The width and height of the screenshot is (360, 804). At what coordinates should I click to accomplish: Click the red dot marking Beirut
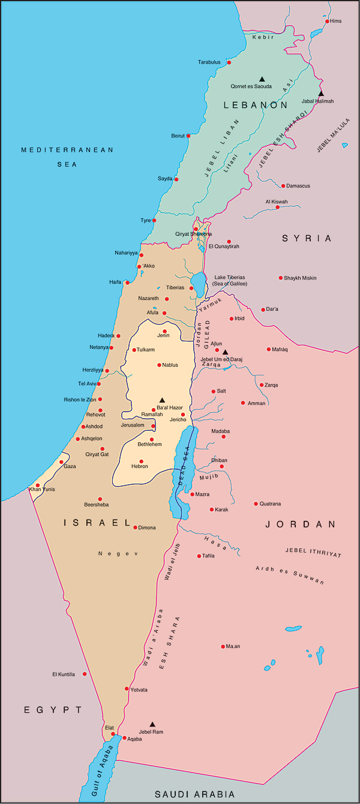click(188, 136)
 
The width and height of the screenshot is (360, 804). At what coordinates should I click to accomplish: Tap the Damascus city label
click(298, 186)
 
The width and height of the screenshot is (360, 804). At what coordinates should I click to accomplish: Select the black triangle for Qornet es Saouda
click(262, 79)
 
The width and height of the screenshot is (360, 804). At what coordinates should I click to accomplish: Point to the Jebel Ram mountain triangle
click(152, 724)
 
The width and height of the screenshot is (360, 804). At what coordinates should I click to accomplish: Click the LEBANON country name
click(256, 105)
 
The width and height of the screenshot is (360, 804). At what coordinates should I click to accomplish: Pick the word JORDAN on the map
click(301, 524)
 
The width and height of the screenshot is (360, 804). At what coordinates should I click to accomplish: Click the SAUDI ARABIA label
click(195, 794)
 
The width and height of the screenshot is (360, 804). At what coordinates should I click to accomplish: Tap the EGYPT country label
click(53, 710)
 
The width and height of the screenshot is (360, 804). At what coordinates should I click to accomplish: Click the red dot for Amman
click(243, 403)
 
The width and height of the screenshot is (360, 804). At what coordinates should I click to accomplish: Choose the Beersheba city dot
click(100, 499)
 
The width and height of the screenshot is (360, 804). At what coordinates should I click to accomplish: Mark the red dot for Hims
click(327, 21)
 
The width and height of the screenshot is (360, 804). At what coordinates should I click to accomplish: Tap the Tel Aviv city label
click(86, 383)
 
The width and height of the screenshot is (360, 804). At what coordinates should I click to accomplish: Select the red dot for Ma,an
click(223, 646)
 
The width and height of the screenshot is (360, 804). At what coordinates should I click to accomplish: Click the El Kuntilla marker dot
click(85, 674)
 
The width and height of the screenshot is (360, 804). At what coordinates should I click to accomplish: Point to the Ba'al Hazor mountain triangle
click(161, 400)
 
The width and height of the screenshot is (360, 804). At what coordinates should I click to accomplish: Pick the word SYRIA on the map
click(307, 238)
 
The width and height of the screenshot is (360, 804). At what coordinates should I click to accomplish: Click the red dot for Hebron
click(142, 461)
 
